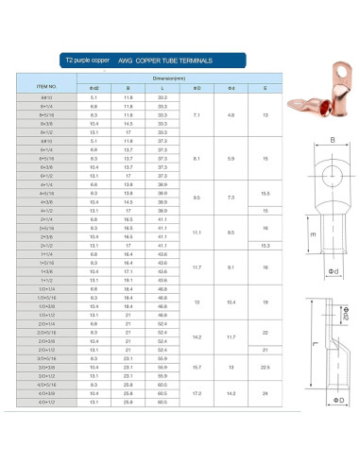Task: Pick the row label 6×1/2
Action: click(x=46, y=175)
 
